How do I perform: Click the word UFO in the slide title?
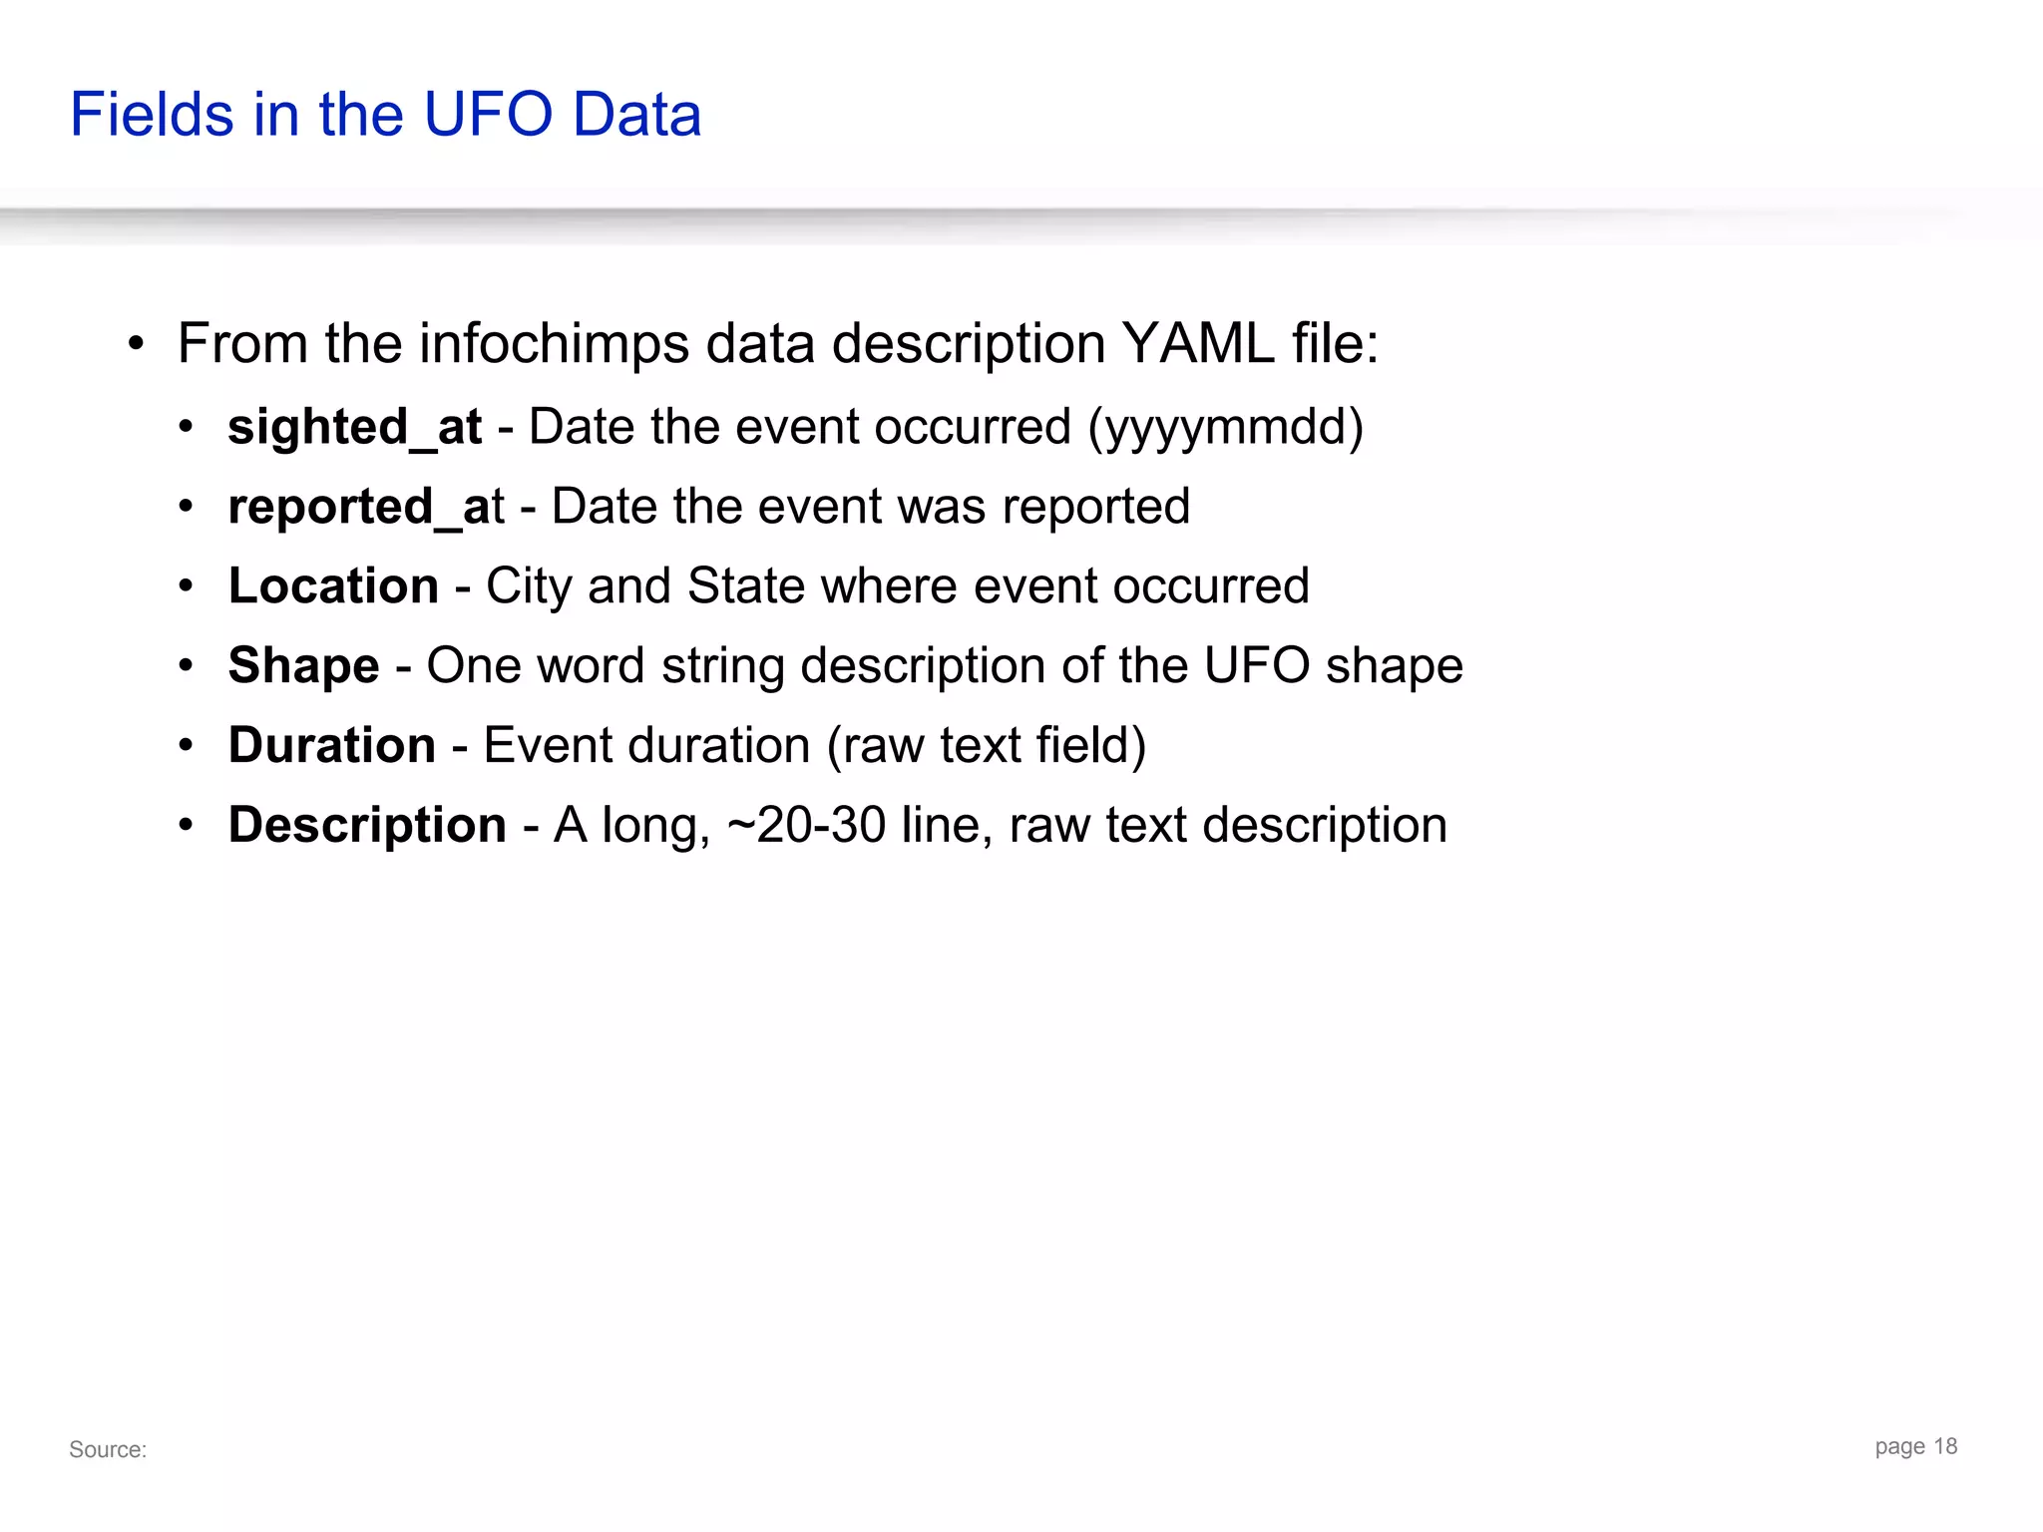click(488, 114)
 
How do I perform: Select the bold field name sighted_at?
click(354, 427)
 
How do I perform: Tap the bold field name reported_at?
click(365, 507)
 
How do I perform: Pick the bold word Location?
click(333, 585)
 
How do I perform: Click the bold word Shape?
click(303, 665)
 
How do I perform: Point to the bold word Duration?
click(331, 745)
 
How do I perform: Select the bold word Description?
click(367, 825)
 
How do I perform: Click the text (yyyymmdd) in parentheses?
click(1226, 427)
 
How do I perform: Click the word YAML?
click(1198, 343)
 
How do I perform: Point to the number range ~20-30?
click(807, 825)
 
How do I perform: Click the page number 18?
click(1945, 1446)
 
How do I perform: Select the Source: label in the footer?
click(108, 1449)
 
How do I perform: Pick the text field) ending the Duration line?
click(1091, 745)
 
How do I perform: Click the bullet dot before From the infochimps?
click(137, 345)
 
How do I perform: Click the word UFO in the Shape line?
click(1256, 665)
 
